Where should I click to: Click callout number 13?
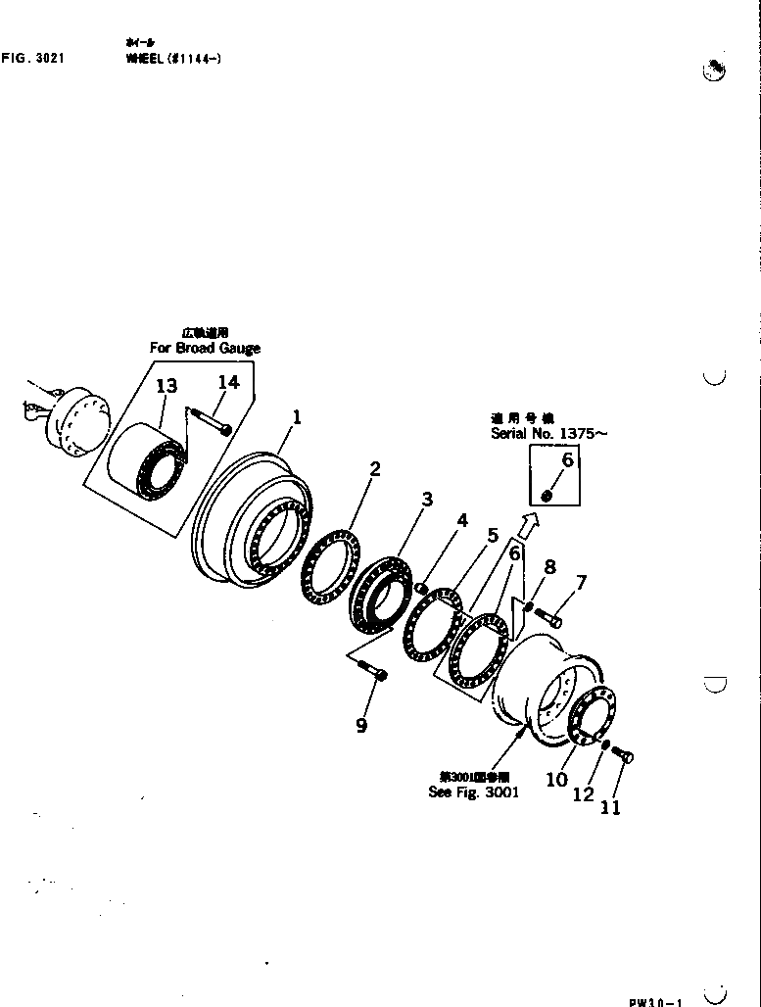click(167, 386)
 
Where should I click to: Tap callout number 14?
click(227, 382)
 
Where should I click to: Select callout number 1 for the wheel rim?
click(297, 416)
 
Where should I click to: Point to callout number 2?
click(374, 468)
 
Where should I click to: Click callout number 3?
click(427, 500)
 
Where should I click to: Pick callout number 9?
click(361, 726)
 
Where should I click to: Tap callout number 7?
click(581, 584)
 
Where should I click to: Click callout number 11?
click(610, 808)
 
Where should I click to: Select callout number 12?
click(584, 794)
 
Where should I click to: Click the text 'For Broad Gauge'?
click(205, 348)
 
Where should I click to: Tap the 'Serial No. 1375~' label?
click(548, 432)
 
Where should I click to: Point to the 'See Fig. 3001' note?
click(474, 792)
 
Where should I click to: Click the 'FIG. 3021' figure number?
click(33, 59)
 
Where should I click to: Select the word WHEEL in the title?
click(142, 59)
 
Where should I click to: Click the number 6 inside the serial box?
click(568, 460)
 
